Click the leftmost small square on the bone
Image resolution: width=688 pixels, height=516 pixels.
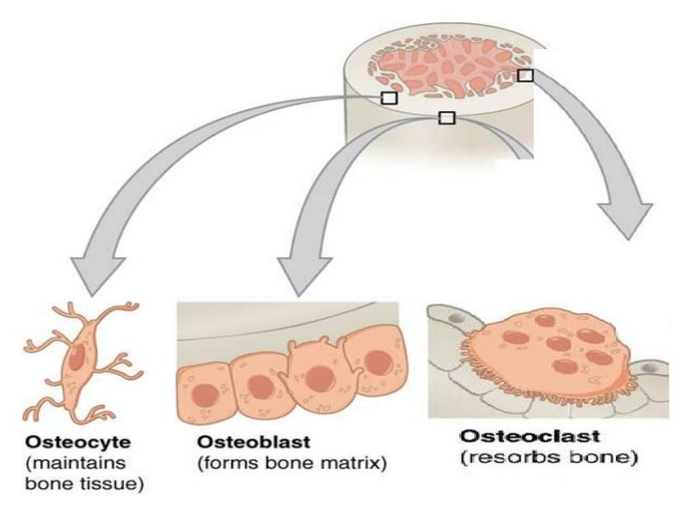click(x=389, y=98)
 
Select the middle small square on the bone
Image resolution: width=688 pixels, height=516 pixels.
click(x=446, y=117)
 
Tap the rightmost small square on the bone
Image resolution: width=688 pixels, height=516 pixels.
click(x=525, y=76)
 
